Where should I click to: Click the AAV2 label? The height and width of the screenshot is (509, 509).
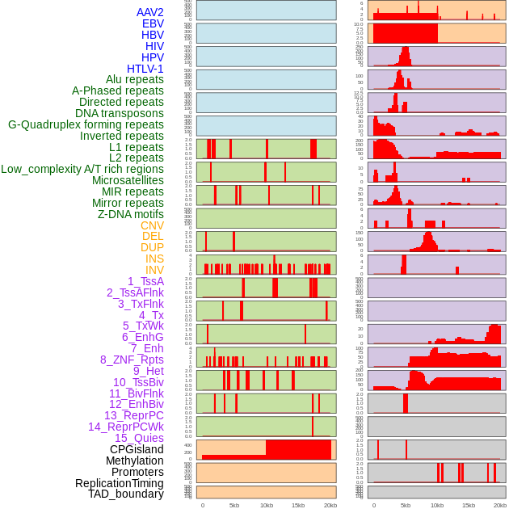[150, 12]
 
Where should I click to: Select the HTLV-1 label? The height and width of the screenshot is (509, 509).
[145, 69]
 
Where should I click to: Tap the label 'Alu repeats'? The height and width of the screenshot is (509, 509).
[135, 79]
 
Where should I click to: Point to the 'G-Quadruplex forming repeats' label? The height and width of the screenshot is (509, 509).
[86, 124]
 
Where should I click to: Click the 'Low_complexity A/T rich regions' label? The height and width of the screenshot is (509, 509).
[82, 169]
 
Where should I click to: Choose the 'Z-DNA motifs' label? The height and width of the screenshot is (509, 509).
[131, 214]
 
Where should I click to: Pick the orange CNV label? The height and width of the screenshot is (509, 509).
[152, 225]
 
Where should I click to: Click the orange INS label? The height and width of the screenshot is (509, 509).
[154, 259]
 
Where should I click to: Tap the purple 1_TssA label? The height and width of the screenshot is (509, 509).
[145, 281]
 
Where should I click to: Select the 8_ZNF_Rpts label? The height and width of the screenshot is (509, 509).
[132, 360]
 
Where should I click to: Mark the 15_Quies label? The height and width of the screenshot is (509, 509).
[139, 438]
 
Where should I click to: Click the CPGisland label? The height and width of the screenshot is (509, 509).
[137, 449]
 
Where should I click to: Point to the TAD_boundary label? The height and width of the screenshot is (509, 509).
[126, 494]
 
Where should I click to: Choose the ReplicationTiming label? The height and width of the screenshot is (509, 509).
[120, 483]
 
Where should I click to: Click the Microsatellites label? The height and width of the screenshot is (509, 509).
[128, 180]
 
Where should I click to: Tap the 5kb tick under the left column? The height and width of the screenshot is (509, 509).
[234, 505]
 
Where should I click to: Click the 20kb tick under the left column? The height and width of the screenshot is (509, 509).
[330, 505]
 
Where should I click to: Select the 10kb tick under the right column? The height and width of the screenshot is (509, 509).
[437, 505]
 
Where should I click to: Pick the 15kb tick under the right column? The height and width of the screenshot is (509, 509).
[469, 505]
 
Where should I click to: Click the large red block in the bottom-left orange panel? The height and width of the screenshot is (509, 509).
[298, 449]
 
